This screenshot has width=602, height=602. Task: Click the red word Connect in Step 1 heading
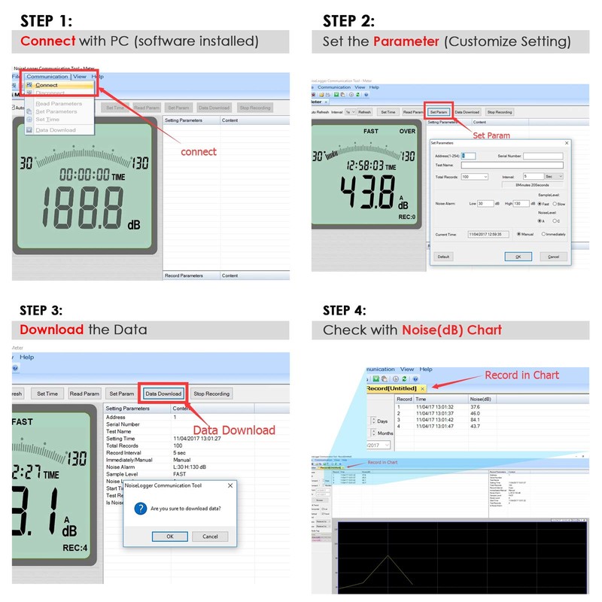(x=47, y=41)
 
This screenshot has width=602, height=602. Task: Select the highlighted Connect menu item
(x=47, y=85)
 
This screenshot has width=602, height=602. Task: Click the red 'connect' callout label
(x=198, y=151)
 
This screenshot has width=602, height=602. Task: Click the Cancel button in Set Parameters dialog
(x=554, y=257)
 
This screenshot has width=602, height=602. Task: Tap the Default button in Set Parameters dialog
(x=443, y=257)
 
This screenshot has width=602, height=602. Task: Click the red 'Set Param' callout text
(x=491, y=135)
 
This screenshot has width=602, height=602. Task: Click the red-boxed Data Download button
(x=163, y=394)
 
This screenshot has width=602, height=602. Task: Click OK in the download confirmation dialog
(x=169, y=537)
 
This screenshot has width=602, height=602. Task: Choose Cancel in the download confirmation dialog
(x=210, y=537)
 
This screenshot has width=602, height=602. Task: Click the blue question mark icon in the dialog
(x=140, y=509)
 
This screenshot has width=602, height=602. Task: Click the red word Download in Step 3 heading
(x=51, y=330)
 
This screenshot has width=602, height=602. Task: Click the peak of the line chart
(x=387, y=555)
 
